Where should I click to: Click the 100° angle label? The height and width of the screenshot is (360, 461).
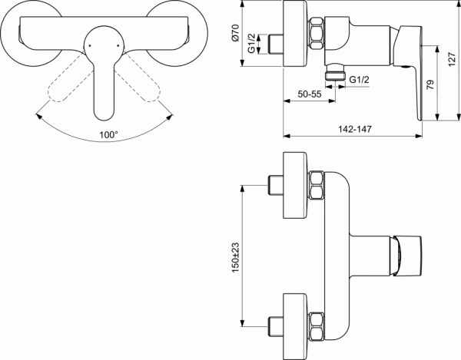click(108, 134)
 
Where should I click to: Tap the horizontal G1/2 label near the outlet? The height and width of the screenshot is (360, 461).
click(360, 79)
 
